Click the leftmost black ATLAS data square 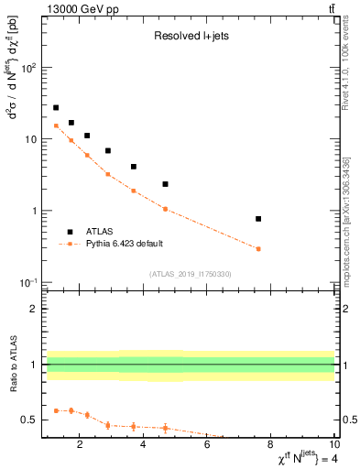(x=56, y=107)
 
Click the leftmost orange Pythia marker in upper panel (x=56, y=125)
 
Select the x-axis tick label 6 (x=208, y=446)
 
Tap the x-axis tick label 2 (x=81, y=446)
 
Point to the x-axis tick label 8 (x=271, y=446)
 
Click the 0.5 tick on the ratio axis (x=30, y=420)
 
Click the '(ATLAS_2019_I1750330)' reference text (x=190, y=274)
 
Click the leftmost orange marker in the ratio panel (x=56, y=410)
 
